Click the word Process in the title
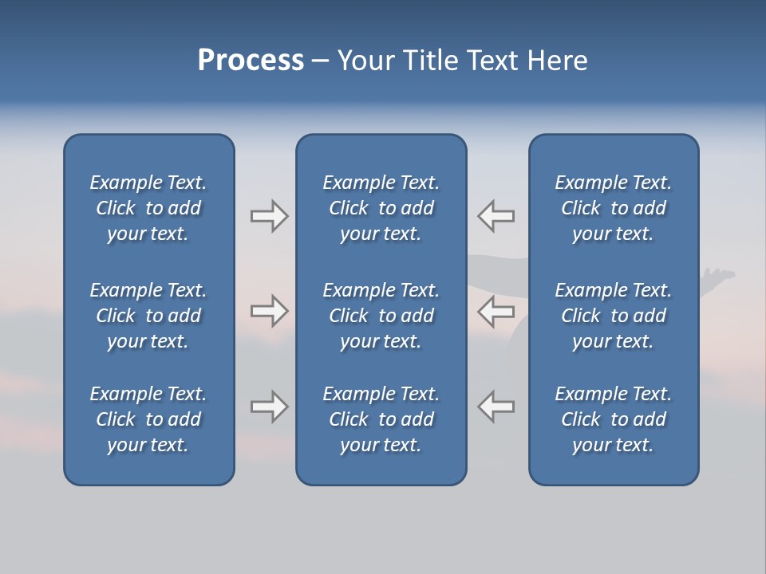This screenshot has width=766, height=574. (251, 60)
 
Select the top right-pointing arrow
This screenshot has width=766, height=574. (269, 216)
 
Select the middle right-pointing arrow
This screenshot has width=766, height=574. (269, 311)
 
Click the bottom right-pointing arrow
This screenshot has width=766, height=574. (269, 407)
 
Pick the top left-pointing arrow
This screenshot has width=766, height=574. (496, 216)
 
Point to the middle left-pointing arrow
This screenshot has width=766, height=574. (496, 311)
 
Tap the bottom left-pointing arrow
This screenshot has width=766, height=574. (496, 407)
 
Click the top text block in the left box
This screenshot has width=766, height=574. (148, 208)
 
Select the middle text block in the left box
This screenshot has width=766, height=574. (148, 316)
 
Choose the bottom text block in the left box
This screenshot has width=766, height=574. (148, 419)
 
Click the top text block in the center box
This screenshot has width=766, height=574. (381, 208)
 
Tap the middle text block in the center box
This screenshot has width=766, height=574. (381, 316)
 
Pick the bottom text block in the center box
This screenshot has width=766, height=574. (381, 419)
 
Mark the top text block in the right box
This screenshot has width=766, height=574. (614, 208)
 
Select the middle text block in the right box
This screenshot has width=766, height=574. (614, 316)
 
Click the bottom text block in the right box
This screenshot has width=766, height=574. (614, 419)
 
